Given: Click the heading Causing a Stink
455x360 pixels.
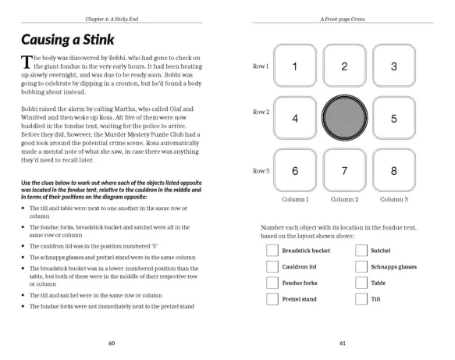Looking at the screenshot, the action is click(x=68, y=40).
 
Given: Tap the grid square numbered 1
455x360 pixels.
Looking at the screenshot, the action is click(x=295, y=66).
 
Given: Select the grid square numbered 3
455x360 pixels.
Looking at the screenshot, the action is click(x=394, y=66).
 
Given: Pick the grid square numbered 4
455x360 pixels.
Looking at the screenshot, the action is click(x=295, y=118).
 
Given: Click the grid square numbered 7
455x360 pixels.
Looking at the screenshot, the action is click(x=344, y=170).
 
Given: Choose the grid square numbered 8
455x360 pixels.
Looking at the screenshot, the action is click(x=394, y=170).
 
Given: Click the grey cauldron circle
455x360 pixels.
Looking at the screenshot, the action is click(x=344, y=118).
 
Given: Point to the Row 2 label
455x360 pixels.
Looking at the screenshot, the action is click(x=261, y=112).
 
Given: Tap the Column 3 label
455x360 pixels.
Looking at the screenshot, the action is click(x=394, y=199).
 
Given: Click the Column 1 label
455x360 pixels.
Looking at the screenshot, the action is click(x=295, y=199).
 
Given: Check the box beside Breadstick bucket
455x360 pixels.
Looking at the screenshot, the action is click(x=272, y=250).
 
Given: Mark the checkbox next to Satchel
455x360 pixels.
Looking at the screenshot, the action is click(x=361, y=250).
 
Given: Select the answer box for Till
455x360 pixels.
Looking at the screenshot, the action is click(x=361, y=299).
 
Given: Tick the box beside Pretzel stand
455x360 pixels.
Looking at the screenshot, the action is click(x=272, y=299).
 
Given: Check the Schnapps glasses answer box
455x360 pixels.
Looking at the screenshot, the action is click(x=361, y=266).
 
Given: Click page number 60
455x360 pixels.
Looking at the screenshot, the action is click(x=112, y=343).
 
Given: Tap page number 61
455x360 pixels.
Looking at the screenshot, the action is click(x=343, y=343).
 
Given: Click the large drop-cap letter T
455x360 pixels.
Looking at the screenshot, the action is click(x=27, y=62).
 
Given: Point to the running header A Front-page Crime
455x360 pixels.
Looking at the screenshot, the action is click(x=343, y=20).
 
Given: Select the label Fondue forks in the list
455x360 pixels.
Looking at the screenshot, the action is click(x=300, y=283).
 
